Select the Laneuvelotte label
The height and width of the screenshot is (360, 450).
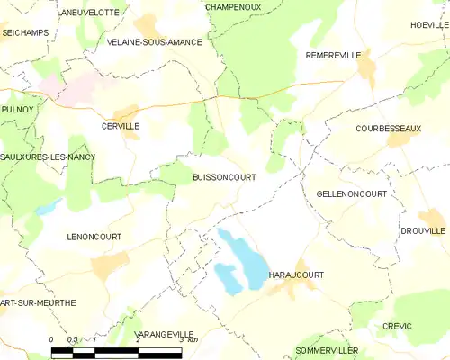point(87,13)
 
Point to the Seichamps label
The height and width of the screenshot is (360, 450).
point(24,32)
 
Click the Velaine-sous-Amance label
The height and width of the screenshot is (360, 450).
point(154,42)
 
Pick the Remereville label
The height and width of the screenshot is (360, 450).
point(333,55)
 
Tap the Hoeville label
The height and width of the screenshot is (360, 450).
point(429,25)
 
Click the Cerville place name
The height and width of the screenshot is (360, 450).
point(121,127)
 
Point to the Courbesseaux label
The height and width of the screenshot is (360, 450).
point(388,129)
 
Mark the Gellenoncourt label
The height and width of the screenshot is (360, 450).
point(352,194)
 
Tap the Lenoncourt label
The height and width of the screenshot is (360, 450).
point(94,237)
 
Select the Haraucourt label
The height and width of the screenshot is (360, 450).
point(296,274)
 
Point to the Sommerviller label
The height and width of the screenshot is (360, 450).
point(327,349)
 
